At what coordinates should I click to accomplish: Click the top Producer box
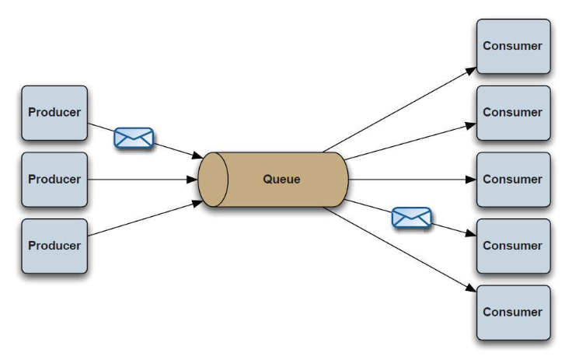54,113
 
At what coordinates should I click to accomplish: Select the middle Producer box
54,180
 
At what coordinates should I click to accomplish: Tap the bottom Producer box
54,246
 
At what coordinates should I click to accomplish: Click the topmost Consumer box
512,46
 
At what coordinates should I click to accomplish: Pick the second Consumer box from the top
512,112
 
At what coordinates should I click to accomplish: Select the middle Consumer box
512,179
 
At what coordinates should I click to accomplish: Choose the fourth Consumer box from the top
512,246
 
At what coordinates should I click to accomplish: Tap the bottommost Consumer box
512,313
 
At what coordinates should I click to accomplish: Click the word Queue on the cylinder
281,180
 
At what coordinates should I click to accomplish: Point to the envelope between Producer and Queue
134,138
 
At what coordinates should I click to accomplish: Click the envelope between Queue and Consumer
411,218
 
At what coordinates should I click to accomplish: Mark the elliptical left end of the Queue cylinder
212,180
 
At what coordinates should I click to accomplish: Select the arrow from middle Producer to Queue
140,180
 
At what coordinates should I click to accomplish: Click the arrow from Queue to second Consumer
408,142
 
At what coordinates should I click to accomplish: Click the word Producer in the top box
54,113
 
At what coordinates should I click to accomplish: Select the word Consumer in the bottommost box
512,313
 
